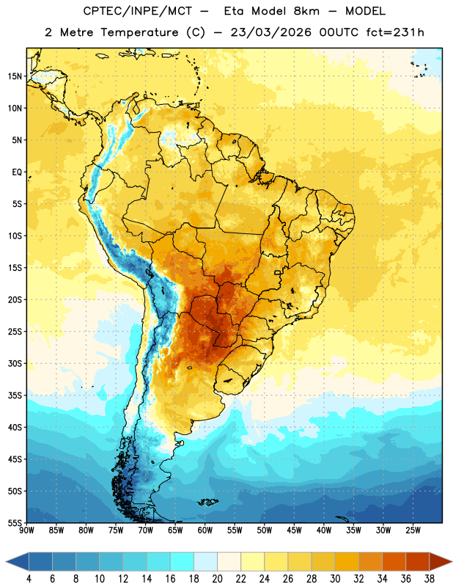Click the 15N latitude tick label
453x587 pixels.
click(x=15, y=76)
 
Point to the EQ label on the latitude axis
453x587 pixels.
click(x=17, y=172)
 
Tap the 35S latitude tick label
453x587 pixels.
click(x=15, y=395)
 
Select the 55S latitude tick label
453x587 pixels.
click(x=15, y=522)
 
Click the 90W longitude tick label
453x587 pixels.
click(x=26, y=531)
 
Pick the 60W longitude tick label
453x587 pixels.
click(x=205, y=531)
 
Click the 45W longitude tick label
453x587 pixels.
click(x=294, y=531)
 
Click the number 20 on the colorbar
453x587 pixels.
click(x=217, y=579)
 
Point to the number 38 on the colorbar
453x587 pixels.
click(x=430, y=579)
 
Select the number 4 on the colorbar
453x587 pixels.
click(x=29, y=579)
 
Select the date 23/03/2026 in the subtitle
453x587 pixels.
click(x=270, y=32)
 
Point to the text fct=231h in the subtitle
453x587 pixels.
click(x=395, y=32)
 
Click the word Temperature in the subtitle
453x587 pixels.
click(x=139, y=32)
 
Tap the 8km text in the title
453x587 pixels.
click(x=306, y=11)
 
